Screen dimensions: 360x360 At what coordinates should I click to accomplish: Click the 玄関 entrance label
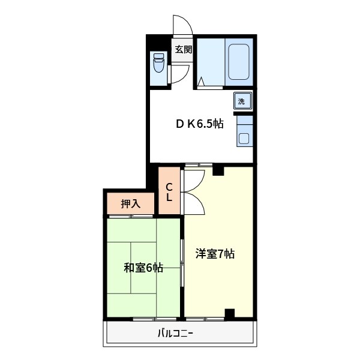coord(183,50)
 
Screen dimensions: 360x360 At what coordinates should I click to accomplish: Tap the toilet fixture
coord(158,62)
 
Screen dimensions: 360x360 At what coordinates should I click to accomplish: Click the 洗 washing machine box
coord(242,101)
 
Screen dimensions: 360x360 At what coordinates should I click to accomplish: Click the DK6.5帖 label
coord(200,124)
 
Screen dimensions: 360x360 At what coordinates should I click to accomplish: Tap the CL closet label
coord(170,191)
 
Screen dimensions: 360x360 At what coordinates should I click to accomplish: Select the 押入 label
coord(130,204)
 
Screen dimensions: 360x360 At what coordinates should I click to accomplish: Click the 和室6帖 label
coord(143,268)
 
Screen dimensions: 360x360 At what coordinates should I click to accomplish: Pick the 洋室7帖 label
coord(214,254)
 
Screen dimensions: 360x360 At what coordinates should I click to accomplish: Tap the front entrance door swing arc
coord(182,25)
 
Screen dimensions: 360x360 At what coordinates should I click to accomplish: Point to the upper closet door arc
coord(194,179)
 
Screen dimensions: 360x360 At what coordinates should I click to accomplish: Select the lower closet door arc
coord(194,204)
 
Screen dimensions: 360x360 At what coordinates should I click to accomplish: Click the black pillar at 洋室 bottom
coord(229,313)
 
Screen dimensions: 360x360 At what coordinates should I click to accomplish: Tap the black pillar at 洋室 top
coord(218,171)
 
